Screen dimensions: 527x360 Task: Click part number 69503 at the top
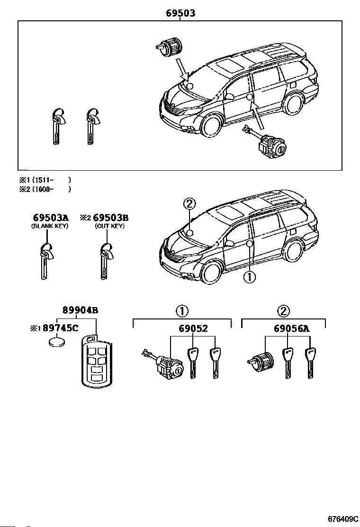(180, 14)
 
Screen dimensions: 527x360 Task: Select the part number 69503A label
(51, 218)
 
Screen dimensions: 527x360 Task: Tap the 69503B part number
(110, 218)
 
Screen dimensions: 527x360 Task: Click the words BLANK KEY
(50, 227)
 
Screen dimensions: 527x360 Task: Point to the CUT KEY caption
(110, 227)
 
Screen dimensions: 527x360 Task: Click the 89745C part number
(63, 328)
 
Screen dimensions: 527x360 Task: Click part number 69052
(193, 328)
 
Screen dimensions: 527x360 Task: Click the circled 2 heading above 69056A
(283, 311)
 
